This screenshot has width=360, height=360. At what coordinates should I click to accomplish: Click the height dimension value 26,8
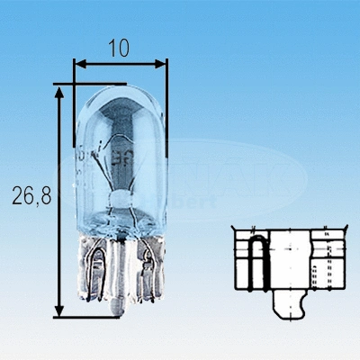point(26,194)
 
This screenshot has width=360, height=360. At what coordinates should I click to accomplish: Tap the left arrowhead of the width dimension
point(78,64)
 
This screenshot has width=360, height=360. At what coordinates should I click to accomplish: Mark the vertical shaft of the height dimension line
point(60,198)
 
